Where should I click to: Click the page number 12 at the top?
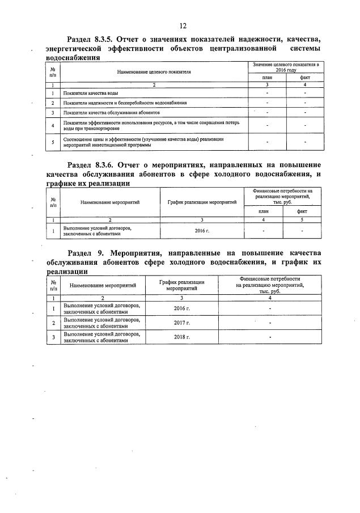click(x=183, y=26)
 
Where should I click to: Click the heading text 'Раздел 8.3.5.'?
click(x=92, y=39)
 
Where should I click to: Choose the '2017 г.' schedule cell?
click(x=181, y=323)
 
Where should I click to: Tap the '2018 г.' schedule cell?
click(x=181, y=337)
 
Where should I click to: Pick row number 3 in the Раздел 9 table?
click(x=53, y=337)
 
